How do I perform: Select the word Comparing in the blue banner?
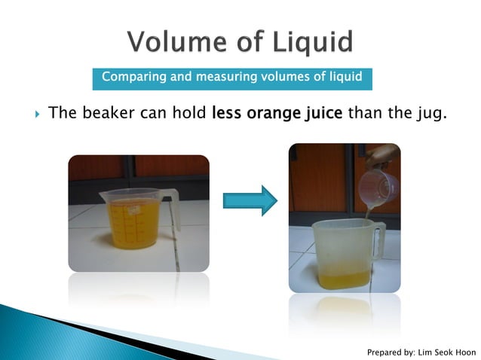point(130,77)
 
